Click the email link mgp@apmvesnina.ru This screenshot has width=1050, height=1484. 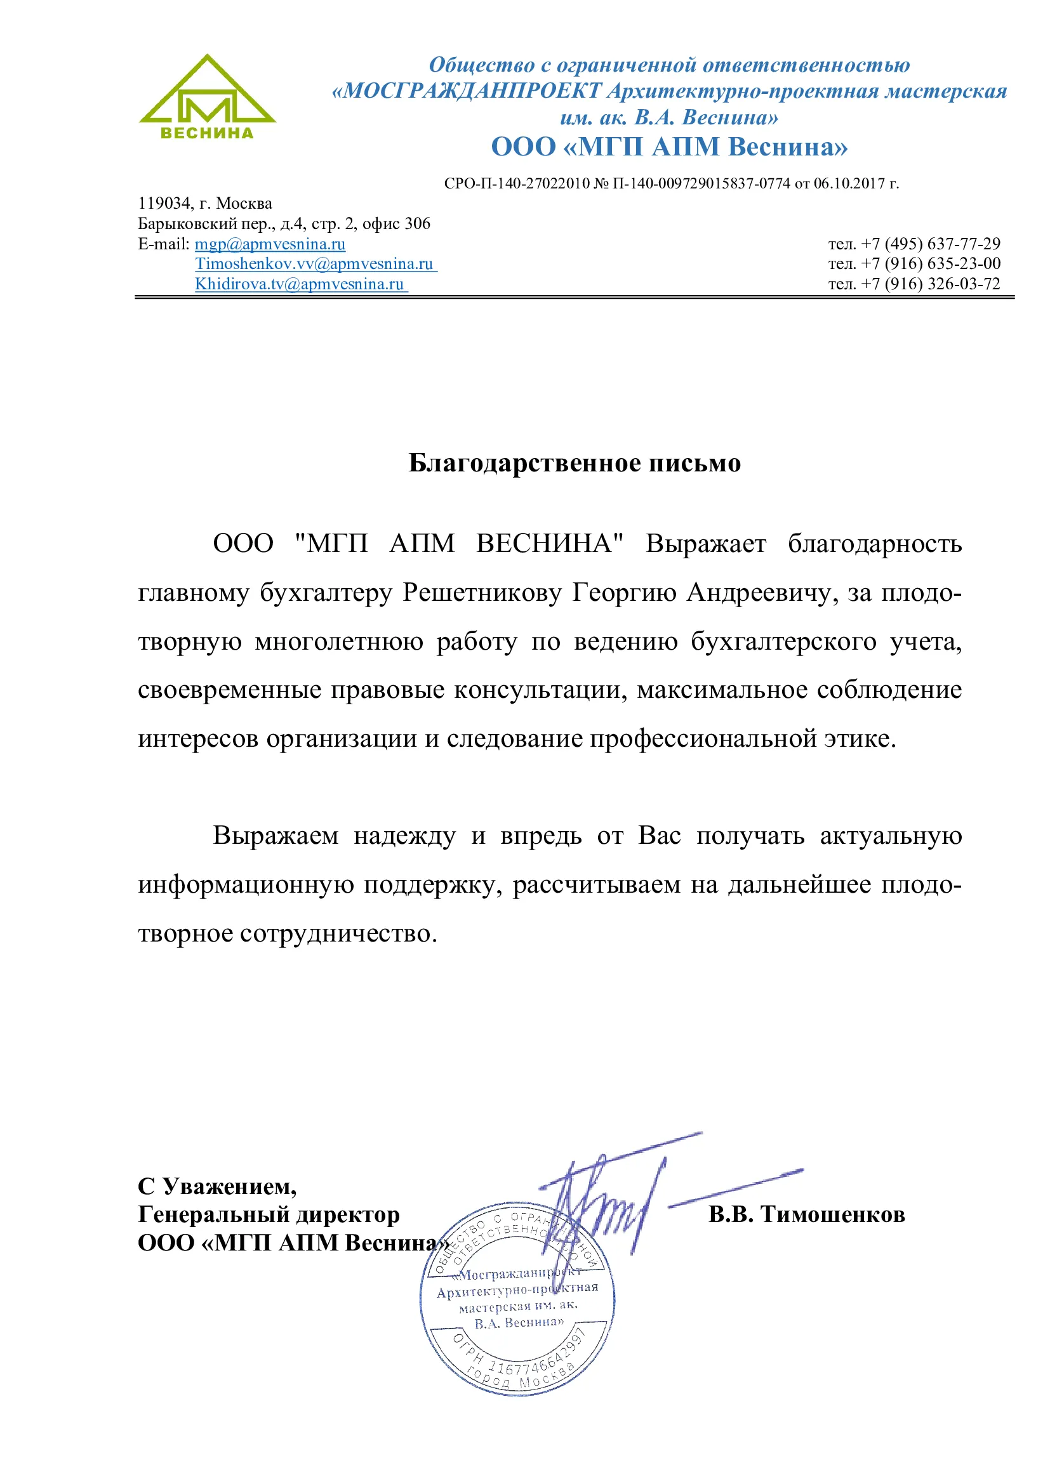tap(270, 244)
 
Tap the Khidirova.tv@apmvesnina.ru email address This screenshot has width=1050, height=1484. tap(300, 284)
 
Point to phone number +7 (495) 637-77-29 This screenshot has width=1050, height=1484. tap(931, 244)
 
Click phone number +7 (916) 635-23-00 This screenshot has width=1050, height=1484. tap(931, 264)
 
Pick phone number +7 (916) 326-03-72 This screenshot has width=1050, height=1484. tap(931, 284)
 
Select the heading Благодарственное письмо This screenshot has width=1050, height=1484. tap(574, 463)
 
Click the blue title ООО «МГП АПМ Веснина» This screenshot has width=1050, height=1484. tap(668, 147)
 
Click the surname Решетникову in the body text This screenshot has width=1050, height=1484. tap(482, 592)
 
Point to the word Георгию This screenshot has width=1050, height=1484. tap(623, 592)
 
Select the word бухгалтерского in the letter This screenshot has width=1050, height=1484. tap(783, 641)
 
